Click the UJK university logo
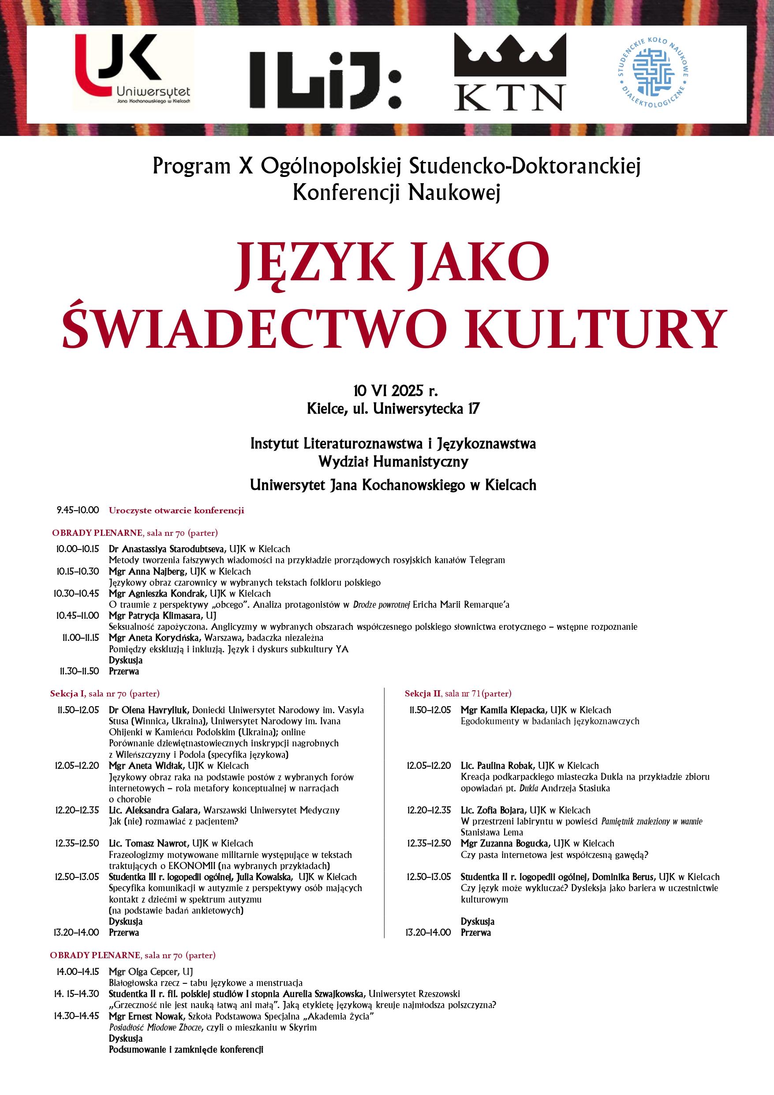(134, 70)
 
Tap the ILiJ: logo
(325, 79)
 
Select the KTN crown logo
(509, 71)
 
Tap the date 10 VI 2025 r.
(395, 391)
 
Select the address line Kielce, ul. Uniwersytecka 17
(393, 409)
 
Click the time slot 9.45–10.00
(78, 510)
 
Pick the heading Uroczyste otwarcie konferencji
(176, 510)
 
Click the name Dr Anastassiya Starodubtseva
(167, 549)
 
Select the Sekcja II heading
(422, 693)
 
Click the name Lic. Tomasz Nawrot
(149, 843)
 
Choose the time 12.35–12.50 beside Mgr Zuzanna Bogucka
(429, 843)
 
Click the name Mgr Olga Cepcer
(144, 971)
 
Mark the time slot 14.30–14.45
(77, 1016)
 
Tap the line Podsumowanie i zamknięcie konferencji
(186, 1049)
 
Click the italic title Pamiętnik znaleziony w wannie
(651, 821)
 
